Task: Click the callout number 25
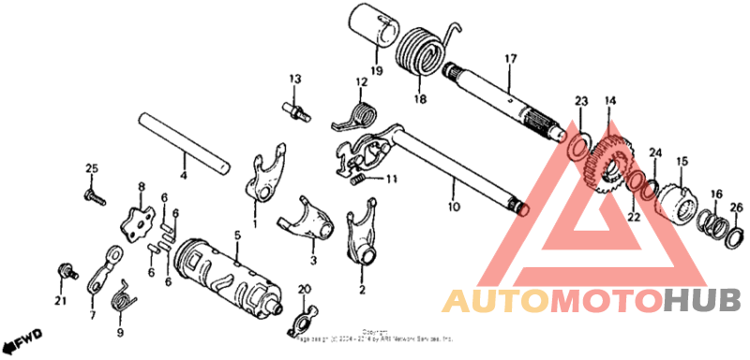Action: (x=92, y=168)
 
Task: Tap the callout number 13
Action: (x=292, y=78)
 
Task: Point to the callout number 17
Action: (x=511, y=59)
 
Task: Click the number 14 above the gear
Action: (x=609, y=100)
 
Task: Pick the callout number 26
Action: (x=736, y=206)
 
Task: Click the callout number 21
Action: (x=60, y=300)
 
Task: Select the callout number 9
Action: (x=120, y=332)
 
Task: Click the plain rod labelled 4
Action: (x=184, y=141)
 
